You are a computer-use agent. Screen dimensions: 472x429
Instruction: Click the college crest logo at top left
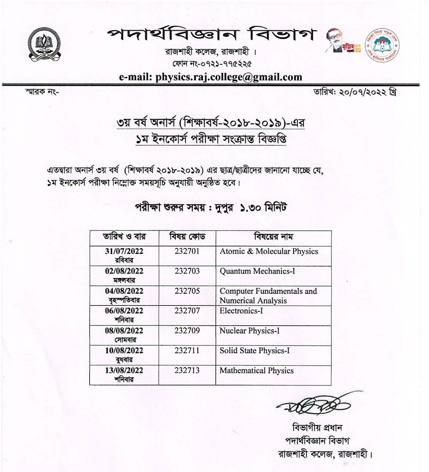pyautogui.click(x=44, y=44)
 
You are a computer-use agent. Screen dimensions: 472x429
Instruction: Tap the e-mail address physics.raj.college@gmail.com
pyautogui.click(x=210, y=77)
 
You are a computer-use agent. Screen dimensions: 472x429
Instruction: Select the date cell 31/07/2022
pyautogui.click(x=124, y=251)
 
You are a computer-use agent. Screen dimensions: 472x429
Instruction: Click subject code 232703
pyautogui.click(x=187, y=271)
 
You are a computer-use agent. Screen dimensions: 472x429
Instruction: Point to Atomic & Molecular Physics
pyautogui.click(x=269, y=251)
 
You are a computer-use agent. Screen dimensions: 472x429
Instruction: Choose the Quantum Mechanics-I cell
pyautogui.click(x=257, y=271)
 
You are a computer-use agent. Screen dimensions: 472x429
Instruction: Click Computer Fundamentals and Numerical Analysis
pyautogui.click(x=268, y=296)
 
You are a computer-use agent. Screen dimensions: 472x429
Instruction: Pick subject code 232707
pyautogui.click(x=187, y=311)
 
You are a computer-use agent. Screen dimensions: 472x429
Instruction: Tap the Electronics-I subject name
pyautogui.click(x=241, y=311)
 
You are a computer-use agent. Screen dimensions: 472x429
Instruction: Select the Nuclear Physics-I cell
pyautogui.click(x=249, y=331)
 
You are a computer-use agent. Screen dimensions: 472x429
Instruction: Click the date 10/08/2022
pyautogui.click(x=124, y=351)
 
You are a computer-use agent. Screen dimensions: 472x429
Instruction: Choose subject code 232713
pyautogui.click(x=187, y=370)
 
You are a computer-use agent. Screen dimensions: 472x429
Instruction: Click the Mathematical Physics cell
pyautogui.click(x=256, y=370)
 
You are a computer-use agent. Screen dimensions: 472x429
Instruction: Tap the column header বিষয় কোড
pyautogui.click(x=187, y=237)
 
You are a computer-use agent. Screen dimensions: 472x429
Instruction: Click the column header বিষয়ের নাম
pyautogui.click(x=273, y=237)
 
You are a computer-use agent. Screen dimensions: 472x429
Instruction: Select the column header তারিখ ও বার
pyautogui.click(x=124, y=237)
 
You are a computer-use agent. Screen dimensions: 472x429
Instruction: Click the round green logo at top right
pyautogui.click(x=382, y=45)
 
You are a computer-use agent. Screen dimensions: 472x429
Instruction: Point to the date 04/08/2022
pyautogui.click(x=124, y=291)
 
